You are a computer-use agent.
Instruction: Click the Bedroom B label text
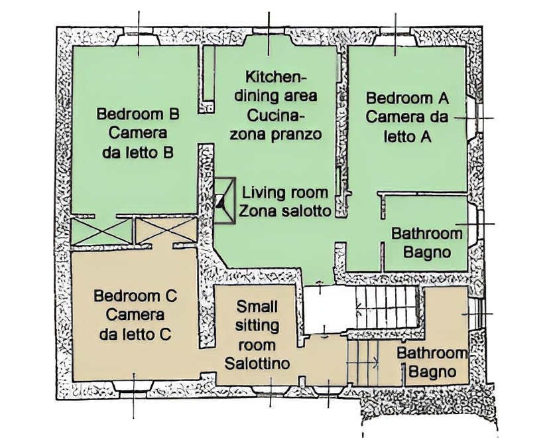pos(138,114)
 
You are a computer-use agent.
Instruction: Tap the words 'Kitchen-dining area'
pos(276,86)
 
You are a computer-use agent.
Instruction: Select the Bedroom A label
pos(407,98)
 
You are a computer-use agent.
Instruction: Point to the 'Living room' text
pos(285,192)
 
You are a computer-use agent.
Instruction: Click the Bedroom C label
pos(135,296)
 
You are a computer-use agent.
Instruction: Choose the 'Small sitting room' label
pos(257,326)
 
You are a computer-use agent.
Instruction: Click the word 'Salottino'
pos(257,364)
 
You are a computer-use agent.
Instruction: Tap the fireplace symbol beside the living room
pos(224,201)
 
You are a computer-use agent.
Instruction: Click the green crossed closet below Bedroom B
pos(101,231)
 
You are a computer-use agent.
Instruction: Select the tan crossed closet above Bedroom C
pos(166,230)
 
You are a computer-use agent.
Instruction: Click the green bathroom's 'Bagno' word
pos(427,252)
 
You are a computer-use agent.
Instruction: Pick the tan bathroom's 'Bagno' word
pos(433,372)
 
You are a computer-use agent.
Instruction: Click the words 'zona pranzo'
pos(276,134)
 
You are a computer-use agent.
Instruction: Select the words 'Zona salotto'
pos(284,211)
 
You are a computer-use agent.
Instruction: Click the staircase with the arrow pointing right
pos(363,362)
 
